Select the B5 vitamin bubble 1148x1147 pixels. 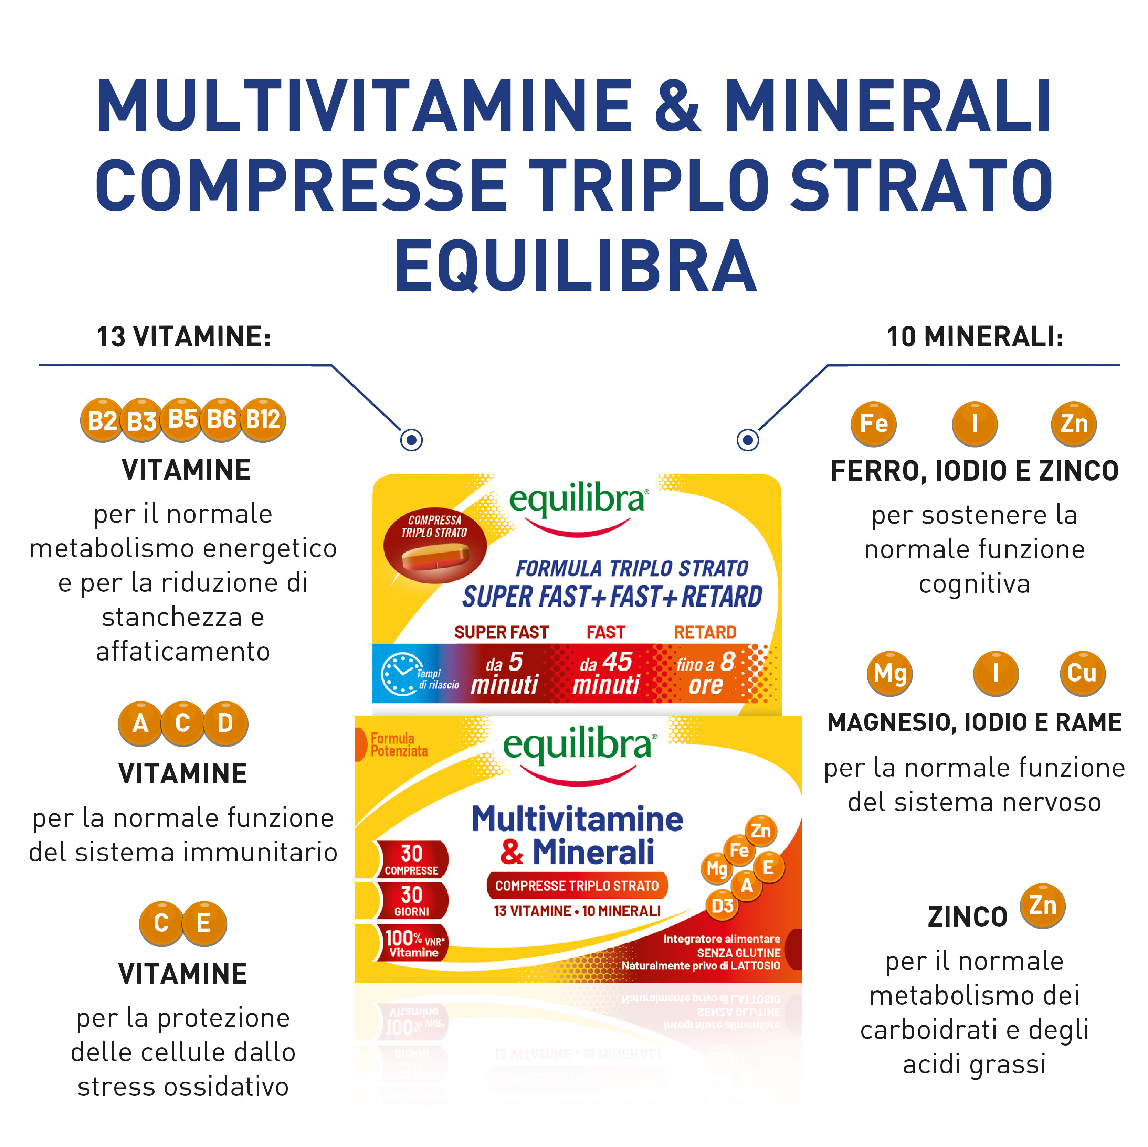[x=182, y=419]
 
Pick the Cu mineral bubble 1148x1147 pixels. [x=1082, y=673]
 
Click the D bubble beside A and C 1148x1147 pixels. [x=225, y=723]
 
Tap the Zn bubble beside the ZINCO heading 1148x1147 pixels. [x=1043, y=906]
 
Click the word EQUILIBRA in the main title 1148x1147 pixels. [x=575, y=266]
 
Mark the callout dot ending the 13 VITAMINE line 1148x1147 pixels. [x=411, y=440]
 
